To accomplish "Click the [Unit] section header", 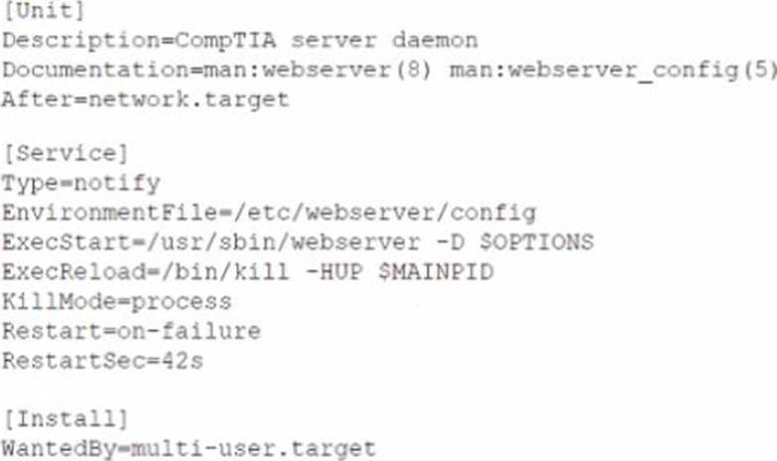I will click(x=44, y=12).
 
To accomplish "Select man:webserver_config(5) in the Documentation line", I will click(x=610, y=72).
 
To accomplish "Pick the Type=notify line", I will click(x=80, y=184).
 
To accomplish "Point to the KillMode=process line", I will click(x=116, y=302).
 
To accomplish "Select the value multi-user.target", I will click(x=259, y=449).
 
